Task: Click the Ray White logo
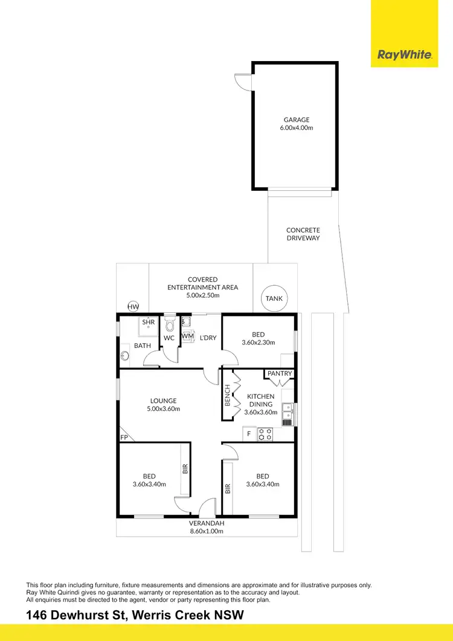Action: click(404, 55)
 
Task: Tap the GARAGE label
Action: click(298, 120)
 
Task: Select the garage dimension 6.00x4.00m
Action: click(298, 128)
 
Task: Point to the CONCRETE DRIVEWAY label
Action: click(303, 234)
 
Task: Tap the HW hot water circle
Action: click(133, 307)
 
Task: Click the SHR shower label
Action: click(148, 323)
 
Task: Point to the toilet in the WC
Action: click(170, 326)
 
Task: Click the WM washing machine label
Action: click(188, 335)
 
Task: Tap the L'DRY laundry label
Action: click(208, 338)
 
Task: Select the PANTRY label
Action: click(280, 373)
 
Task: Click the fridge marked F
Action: click(249, 434)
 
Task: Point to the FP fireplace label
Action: click(124, 437)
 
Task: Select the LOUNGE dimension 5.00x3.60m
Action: click(164, 409)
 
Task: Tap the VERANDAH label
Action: click(207, 523)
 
